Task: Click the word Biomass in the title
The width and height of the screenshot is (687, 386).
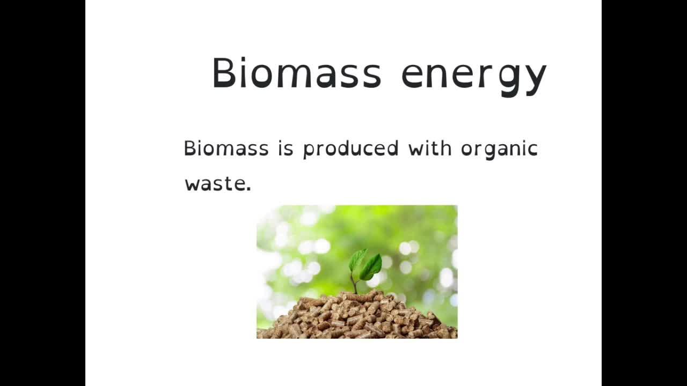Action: point(297,72)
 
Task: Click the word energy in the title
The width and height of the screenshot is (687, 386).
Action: point(474,77)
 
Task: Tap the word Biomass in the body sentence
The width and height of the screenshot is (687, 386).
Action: point(226,149)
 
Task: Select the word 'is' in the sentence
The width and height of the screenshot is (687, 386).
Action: point(286,149)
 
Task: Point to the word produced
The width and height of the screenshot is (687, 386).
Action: point(351,150)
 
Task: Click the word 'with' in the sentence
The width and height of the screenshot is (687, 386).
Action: point(430,149)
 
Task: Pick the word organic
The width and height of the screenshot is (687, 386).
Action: point(499,150)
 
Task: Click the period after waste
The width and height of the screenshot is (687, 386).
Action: point(248,189)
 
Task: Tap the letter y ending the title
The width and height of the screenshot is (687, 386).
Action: point(535,80)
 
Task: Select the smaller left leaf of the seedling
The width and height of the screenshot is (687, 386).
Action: point(357,260)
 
